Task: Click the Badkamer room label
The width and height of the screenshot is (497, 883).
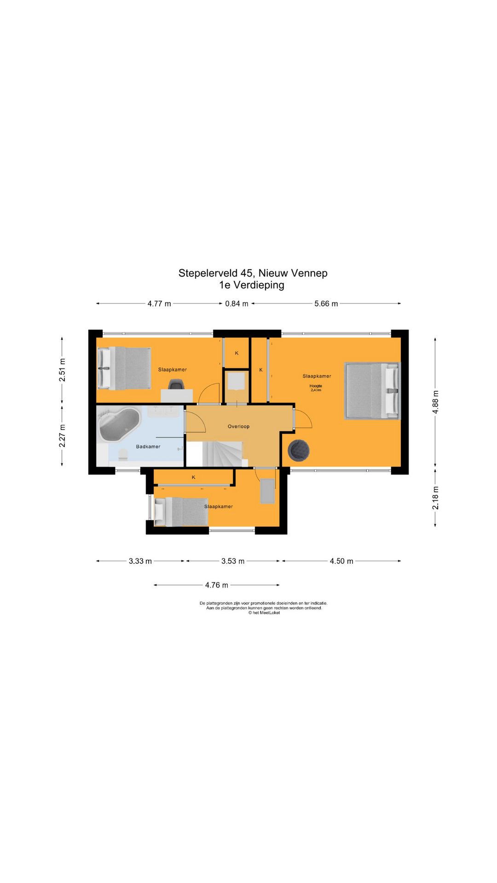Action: (148, 447)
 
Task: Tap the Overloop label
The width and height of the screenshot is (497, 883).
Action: (238, 426)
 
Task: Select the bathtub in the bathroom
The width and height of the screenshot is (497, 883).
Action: (119, 425)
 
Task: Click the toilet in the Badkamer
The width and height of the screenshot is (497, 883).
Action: (123, 455)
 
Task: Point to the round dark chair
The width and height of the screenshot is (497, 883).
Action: (299, 450)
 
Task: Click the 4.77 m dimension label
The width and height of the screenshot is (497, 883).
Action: (159, 304)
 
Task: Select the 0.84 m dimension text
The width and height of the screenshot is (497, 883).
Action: (237, 304)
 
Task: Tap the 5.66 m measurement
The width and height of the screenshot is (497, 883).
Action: (326, 304)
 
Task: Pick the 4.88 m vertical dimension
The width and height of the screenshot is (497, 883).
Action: (435, 402)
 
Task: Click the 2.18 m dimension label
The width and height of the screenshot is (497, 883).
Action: (435, 498)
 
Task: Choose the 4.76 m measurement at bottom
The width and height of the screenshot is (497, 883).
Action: (217, 585)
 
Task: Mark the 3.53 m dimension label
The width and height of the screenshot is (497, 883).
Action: (233, 561)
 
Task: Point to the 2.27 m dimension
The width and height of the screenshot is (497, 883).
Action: (62, 436)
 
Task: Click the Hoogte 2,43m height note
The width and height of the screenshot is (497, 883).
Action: (316, 388)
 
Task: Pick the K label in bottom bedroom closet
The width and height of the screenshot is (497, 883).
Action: (194, 477)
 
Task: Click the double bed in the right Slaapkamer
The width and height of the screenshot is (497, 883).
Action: (372, 391)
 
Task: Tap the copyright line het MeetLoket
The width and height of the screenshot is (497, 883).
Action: (264, 613)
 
